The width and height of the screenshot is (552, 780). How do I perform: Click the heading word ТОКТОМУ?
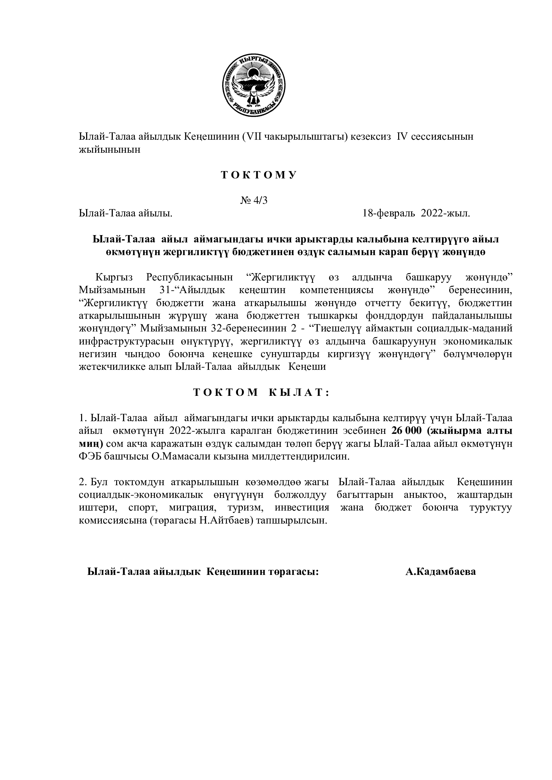coord(259,175)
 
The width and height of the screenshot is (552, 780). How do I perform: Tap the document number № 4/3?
coord(254,200)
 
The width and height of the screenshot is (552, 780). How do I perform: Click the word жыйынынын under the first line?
coord(109,149)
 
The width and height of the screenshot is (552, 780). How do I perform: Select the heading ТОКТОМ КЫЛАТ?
coord(261,393)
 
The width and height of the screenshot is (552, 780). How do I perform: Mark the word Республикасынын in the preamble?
coord(189,277)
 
